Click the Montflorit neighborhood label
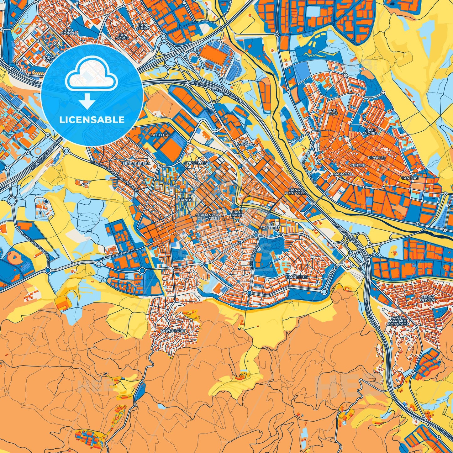pyautogui.click(x=173, y=331)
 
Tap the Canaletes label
pyautogui.click(x=297, y=277)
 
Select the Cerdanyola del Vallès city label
pyautogui.click(x=208, y=217)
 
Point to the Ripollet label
pyautogui.click(x=377, y=158)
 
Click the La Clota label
pyautogui.click(x=160, y=135)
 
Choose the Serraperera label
pyautogui.click(x=136, y=163)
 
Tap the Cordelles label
pyautogui.click(x=196, y=163)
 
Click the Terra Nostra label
pyautogui.click(x=428, y=298)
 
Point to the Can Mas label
pyautogui.click(x=410, y=178)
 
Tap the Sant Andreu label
pyautogui.click(x=370, y=131)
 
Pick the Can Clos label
pyautogui.click(x=332, y=112)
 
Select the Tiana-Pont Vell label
pyautogui.click(x=297, y=192)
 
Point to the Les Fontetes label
pyautogui.click(x=270, y=226)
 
